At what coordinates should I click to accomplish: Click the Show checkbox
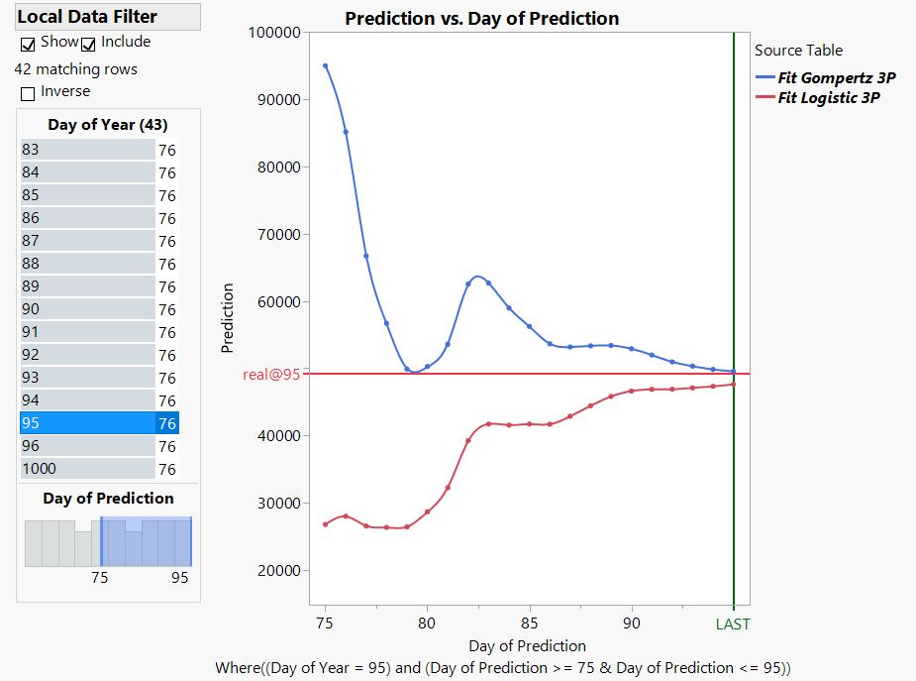(x=28, y=45)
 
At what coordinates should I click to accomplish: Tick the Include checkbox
(x=88, y=45)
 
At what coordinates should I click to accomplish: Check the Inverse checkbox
(x=28, y=93)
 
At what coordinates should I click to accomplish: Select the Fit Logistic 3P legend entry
(x=828, y=97)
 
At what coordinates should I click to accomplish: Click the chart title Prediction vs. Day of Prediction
(x=481, y=19)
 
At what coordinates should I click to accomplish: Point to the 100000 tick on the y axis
(x=274, y=33)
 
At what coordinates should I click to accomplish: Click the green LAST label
(x=733, y=624)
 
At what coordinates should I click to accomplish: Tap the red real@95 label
(x=270, y=374)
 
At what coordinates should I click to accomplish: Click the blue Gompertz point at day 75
(x=325, y=66)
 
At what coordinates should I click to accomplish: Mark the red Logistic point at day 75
(x=325, y=524)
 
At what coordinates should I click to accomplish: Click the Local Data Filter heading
(x=87, y=17)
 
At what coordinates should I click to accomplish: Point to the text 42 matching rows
(x=76, y=69)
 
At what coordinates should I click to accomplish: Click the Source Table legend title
(x=798, y=51)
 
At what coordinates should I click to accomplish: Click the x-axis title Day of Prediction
(x=527, y=646)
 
